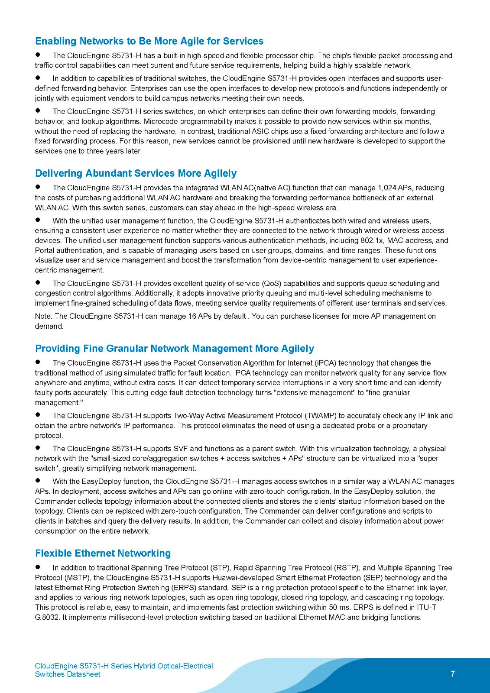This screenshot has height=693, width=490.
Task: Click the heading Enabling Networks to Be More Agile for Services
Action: [x=149, y=41]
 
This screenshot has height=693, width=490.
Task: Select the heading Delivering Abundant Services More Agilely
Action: [x=136, y=173]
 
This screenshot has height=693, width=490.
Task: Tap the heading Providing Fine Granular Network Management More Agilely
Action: [x=175, y=349]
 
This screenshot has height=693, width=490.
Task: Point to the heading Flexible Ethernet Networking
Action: [x=103, y=553]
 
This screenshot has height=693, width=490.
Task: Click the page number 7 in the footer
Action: [x=453, y=674]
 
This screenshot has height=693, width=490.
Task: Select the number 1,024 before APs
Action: [x=387, y=188]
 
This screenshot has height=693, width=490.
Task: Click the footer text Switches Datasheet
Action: [x=68, y=674]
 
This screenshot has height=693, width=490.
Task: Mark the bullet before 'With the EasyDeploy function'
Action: [x=38, y=481]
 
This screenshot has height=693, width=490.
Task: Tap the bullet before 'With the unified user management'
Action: [x=38, y=220]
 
